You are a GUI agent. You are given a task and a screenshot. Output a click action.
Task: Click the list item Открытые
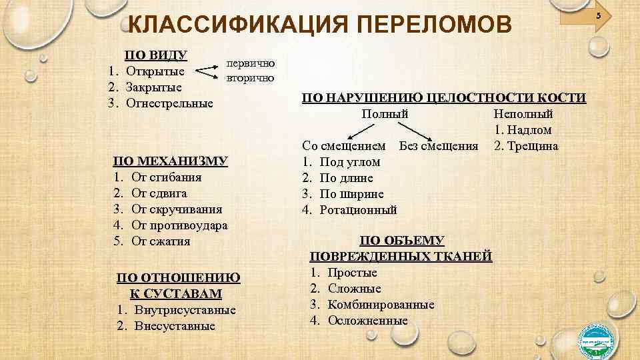160,71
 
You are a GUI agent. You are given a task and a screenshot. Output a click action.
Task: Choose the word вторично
249,78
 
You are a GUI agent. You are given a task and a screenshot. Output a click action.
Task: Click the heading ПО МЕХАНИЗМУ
171,161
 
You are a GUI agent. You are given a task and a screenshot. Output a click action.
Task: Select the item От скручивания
177,209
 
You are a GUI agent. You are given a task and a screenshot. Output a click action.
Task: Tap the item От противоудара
179,225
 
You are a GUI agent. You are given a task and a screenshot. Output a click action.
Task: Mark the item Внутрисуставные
183,310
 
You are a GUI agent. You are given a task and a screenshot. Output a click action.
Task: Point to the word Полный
385,114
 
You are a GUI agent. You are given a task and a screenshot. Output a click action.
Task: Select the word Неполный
523,114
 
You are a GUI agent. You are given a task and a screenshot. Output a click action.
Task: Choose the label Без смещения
438,146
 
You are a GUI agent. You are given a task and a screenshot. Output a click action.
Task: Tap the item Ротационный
358,210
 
